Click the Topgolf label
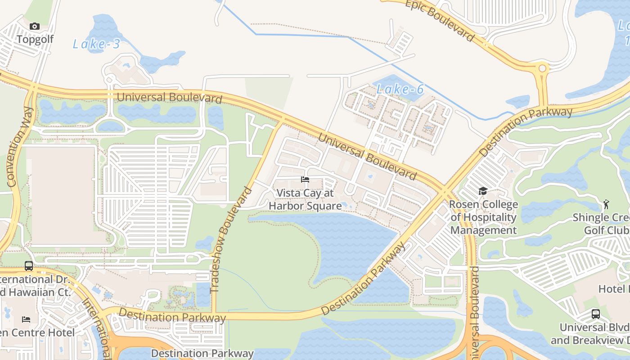[x=35, y=39]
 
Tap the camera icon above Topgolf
[x=35, y=27]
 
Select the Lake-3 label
[x=96, y=44]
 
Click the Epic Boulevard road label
[x=440, y=20]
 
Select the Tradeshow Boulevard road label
[x=230, y=239]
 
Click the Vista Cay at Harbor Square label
[x=305, y=199]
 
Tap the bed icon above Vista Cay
[x=305, y=180]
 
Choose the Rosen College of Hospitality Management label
[x=484, y=217]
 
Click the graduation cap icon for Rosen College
[x=483, y=191]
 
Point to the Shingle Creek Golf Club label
[x=601, y=224]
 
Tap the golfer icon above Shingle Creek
[x=606, y=204]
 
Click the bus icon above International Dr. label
[x=29, y=266]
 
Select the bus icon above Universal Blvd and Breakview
[x=595, y=314]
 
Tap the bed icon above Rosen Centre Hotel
[x=26, y=319]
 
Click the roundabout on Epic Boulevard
[x=542, y=68]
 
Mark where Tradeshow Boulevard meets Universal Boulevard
[x=282, y=120]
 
